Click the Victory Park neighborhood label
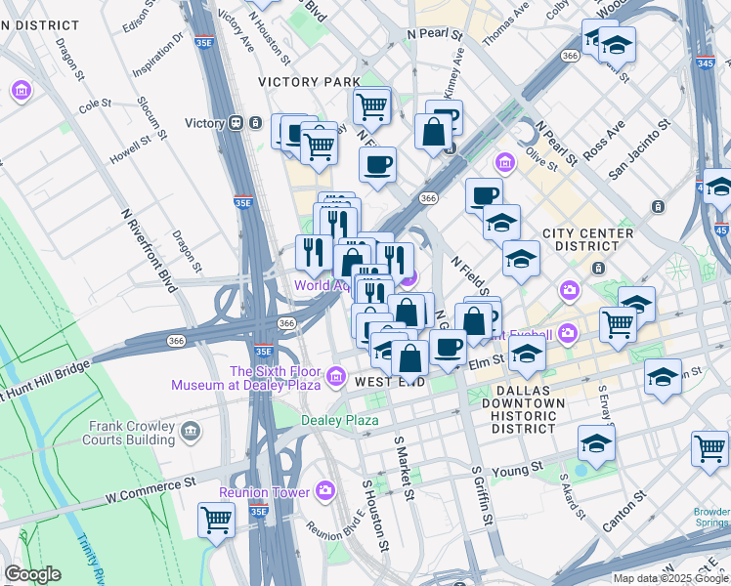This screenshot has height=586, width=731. click(309, 82)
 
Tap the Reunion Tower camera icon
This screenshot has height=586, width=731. click(325, 491)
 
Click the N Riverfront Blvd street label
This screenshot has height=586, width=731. click(147, 250)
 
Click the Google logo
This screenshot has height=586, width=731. click(32, 574)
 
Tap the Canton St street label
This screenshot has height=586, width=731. click(624, 512)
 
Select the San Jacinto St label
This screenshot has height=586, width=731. click(638, 149)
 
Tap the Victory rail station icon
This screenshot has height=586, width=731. click(236, 123)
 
